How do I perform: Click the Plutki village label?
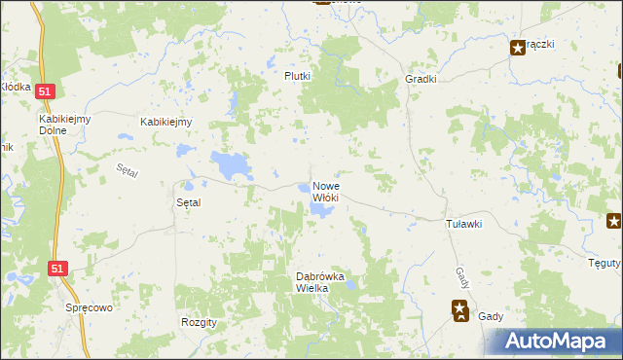[x=297, y=76]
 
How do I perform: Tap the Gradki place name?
[x=421, y=80]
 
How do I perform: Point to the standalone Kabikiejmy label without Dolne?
[x=166, y=122]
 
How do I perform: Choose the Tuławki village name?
[x=463, y=224]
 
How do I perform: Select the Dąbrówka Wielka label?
[x=327, y=282]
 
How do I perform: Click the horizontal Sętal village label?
[x=187, y=203]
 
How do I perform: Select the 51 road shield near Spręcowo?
[x=57, y=269]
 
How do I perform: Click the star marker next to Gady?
[x=459, y=310]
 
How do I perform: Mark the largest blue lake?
[x=231, y=164]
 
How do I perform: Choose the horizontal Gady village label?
[x=491, y=317]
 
